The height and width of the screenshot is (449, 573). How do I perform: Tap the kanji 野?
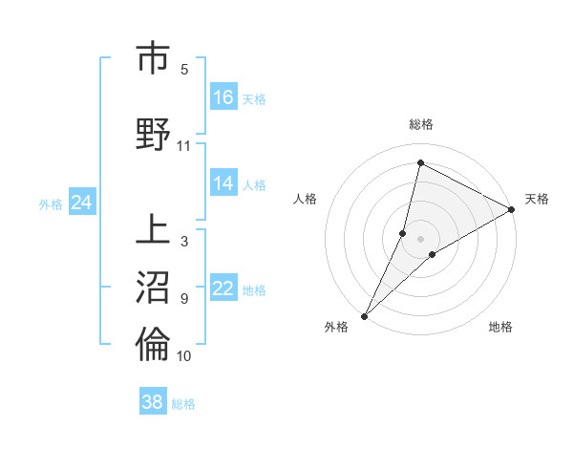click(x=153, y=134)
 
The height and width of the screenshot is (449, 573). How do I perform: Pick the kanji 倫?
click(x=153, y=344)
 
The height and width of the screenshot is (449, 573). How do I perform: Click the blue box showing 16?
click(x=223, y=97)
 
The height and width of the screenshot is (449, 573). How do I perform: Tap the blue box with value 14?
click(x=223, y=183)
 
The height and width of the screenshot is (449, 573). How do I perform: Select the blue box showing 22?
click(x=223, y=289)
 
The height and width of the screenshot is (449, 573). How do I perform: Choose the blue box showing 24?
click(x=81, y=203)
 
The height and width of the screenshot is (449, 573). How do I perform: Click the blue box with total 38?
click(x=152, y=402)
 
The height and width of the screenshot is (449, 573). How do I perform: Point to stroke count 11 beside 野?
click(x=183, y=145)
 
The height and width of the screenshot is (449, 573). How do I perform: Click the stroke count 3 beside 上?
click(x=183, y=241)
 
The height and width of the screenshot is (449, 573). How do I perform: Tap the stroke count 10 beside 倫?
click(x=183, y=355)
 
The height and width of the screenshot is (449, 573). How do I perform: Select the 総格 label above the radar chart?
click(x=421, y=125)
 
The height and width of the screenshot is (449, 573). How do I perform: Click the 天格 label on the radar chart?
click(x=537, y=199)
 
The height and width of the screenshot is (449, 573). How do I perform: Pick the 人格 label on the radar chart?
click(x=305, y=199)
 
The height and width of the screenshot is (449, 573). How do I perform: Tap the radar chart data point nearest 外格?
click(x=364, y=315)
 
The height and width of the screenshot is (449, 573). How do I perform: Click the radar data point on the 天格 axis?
click(x=512, y=209)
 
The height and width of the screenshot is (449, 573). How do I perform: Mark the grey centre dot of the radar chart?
click(x=421, y=239)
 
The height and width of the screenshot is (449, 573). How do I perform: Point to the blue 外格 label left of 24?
click(x=51, y=203)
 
